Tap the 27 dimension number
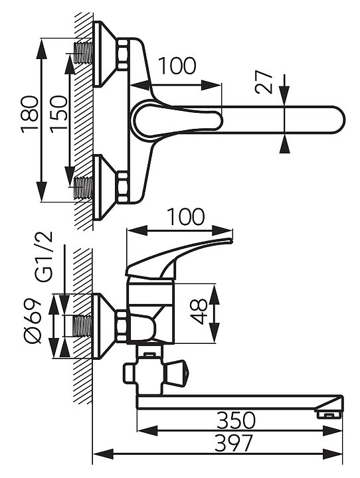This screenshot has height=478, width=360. tap(264, 82)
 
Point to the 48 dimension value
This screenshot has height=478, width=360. tap(199, 311)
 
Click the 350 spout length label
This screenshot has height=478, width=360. tap(236, 420)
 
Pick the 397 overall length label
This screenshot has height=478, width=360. tap(234, 443)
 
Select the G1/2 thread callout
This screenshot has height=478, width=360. tap(45, 256)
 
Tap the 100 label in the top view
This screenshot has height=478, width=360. tap(177, 66)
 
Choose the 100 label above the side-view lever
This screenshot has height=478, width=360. tap(185, 216)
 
